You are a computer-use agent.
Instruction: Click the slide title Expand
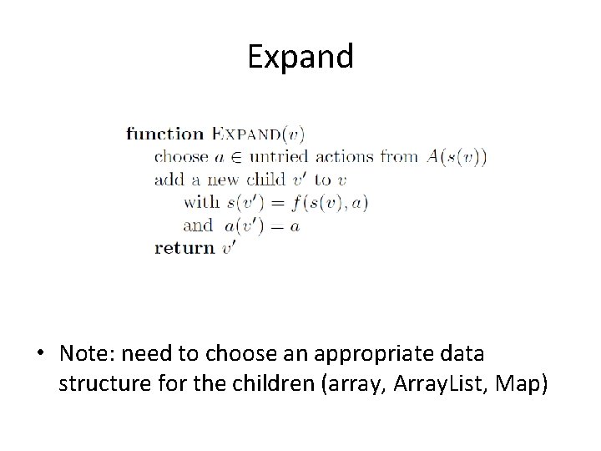(300, 57)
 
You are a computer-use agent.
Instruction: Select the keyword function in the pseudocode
(165, 134)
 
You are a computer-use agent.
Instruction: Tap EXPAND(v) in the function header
(259, 134)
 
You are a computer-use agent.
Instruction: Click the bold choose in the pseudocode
(181, 157)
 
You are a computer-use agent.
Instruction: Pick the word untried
(280, 157)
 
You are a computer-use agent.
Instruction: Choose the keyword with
(201, 202)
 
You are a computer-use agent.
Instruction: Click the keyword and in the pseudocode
(198, 225)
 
